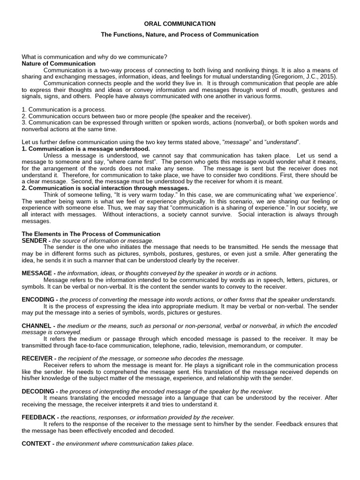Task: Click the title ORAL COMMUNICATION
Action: (x=180, y=23)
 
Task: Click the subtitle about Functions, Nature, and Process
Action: (x=180, y=34)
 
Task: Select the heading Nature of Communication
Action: (x=59, y=63)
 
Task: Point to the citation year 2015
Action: (x=327, y=76)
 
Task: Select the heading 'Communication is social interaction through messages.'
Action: (x=105, y=188)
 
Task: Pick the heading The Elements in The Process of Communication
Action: (x=91, y=234)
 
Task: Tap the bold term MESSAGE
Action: (x=37, y=273)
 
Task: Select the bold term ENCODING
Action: (x=38, y=300)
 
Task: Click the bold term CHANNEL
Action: (x=37, y=326)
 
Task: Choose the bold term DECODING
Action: (x=38, y=391)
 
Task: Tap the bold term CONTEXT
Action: (x=36, y=443)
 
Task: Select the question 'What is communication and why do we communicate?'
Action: (x=95, y=57)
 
